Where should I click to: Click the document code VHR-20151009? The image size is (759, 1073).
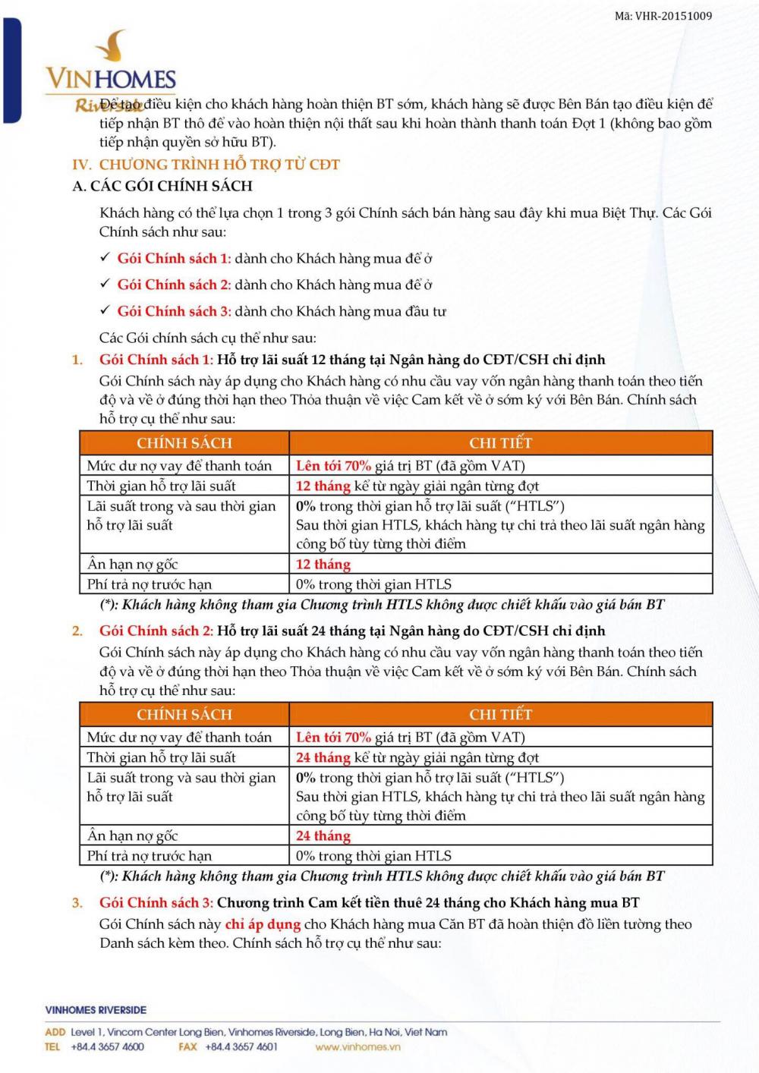point(663,16)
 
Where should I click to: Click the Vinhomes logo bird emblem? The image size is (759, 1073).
point(113,46)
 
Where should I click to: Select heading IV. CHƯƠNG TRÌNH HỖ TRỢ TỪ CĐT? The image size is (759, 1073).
point(206,165)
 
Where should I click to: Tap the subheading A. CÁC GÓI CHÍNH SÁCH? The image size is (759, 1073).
point(162,186)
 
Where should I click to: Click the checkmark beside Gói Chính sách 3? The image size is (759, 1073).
point(106,310)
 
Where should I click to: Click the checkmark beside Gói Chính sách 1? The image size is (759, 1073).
point(106,258)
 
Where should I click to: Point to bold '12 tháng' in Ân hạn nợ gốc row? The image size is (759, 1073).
point(323,564)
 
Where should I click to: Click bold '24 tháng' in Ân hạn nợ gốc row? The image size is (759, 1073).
point(323,835)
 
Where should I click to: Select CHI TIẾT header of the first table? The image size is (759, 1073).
point(500,442)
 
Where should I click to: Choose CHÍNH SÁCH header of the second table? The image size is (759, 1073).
point(184,714)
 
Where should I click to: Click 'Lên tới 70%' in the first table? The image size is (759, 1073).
point(333,466)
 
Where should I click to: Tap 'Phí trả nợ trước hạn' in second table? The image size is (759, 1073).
point(150,856)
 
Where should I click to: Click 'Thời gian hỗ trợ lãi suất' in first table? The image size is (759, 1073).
point(161,486)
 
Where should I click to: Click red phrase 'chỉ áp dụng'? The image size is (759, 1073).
point(263,924)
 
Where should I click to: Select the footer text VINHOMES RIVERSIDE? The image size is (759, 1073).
point(96,1010)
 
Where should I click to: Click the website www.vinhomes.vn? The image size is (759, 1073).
point(357,1046)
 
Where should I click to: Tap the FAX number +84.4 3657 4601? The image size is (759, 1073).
point(241,1046)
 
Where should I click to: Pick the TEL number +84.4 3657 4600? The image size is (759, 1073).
point(107,1046)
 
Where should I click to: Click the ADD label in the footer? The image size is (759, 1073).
point(55,1032)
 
